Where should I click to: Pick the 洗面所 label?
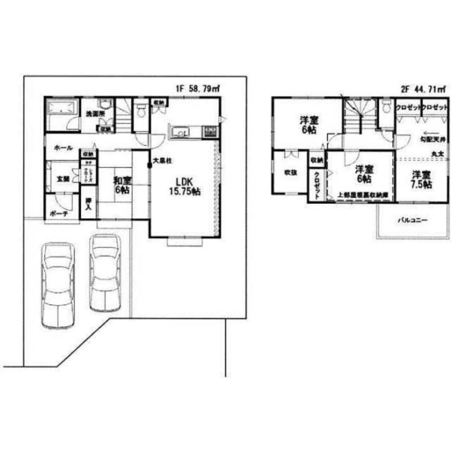(96, 114)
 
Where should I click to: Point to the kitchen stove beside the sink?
(210, 132)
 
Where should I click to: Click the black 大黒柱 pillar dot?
(150, 166)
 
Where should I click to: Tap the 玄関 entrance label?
(63, 179)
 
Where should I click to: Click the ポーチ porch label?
(59, 214)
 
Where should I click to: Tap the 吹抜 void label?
(290, 172)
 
